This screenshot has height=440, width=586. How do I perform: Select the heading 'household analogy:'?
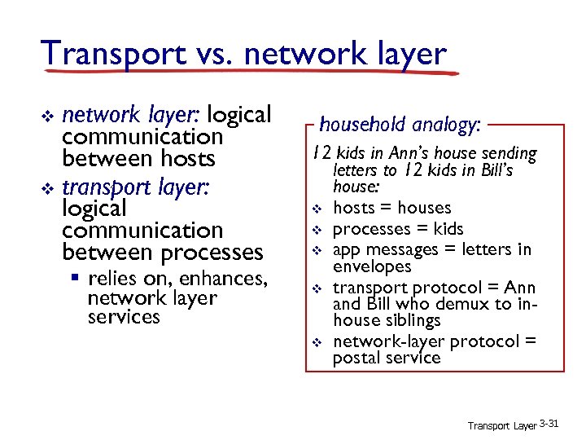(400, 125)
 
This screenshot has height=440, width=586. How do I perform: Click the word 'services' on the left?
(124, 317)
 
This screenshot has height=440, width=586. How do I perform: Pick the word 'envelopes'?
(372, 266)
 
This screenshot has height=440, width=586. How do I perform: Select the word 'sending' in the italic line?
(509, 153)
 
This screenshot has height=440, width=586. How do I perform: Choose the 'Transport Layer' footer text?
(501, 425)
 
